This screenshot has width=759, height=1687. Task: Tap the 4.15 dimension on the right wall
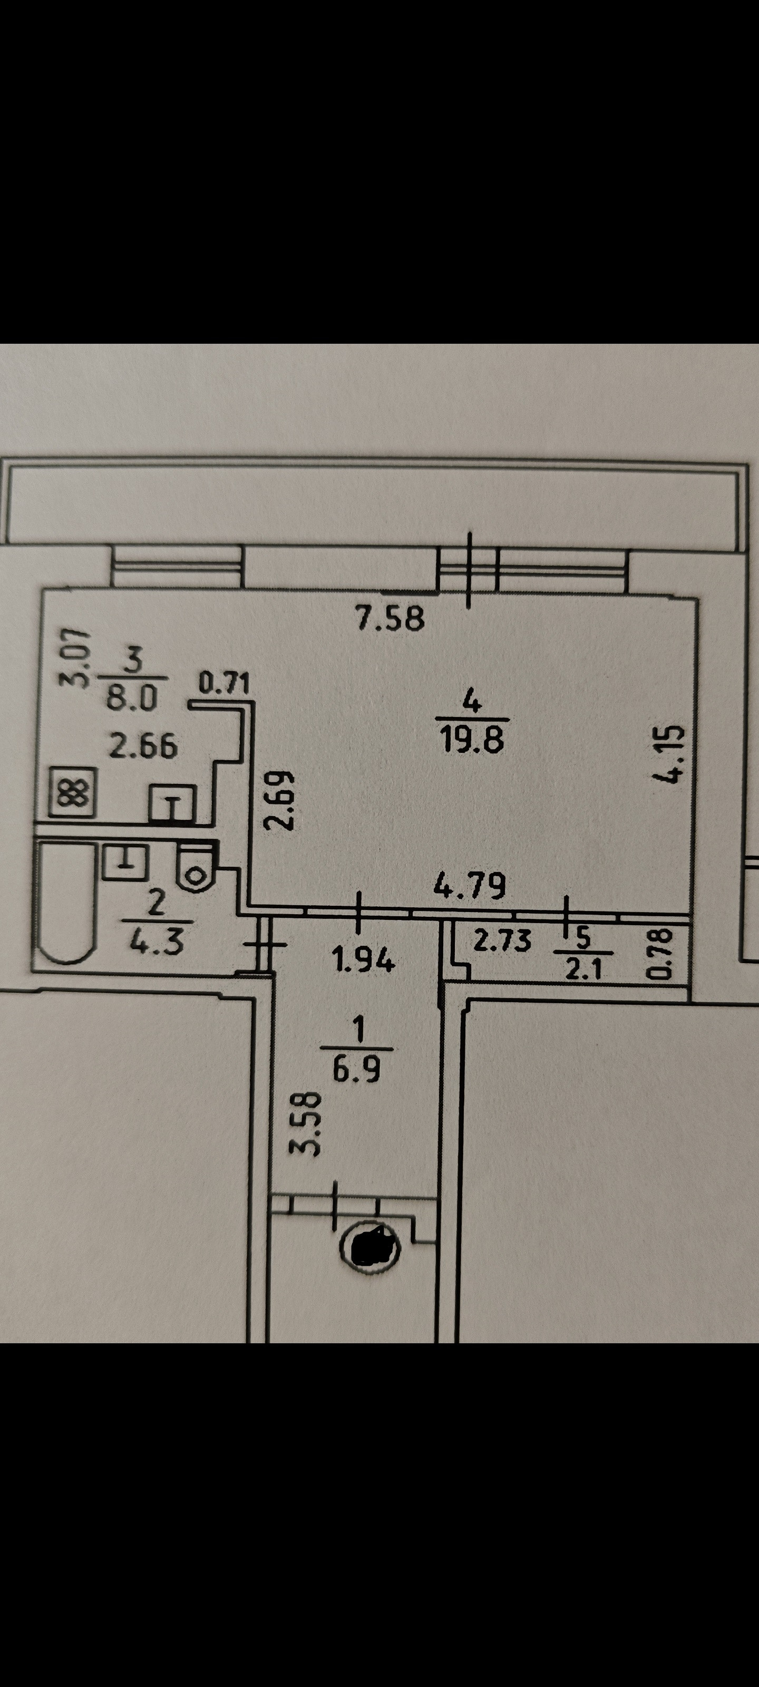click(x=672, y=754)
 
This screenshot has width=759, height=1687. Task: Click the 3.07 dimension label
click(x=74, y=657)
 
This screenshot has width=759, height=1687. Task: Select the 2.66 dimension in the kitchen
click(x=143, y=746)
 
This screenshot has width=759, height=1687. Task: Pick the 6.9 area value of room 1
click(x=357, y=1070)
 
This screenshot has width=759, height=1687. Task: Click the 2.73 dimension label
click(x=502, y=941)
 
